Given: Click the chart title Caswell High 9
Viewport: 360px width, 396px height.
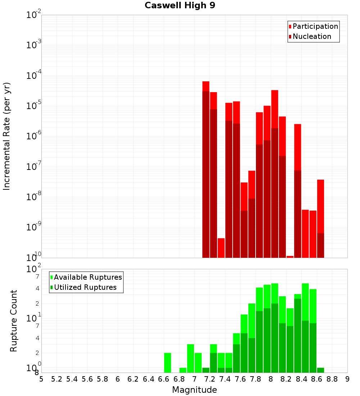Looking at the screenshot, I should (180, 6).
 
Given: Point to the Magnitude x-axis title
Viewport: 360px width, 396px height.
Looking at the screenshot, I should (194, 390).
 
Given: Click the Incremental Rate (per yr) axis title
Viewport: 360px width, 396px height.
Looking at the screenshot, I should (7, 136).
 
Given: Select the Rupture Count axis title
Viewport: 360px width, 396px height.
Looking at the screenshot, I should (14, 321).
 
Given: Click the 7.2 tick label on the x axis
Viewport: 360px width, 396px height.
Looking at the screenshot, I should (210, 379).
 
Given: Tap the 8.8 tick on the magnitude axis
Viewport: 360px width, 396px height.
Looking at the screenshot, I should (332, 379).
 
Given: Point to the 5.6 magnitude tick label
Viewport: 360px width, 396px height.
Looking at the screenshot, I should (87, 379).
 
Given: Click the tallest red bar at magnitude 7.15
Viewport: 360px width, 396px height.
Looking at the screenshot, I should (206, 169).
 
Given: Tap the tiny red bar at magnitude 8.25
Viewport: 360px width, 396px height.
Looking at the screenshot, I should (290, 257).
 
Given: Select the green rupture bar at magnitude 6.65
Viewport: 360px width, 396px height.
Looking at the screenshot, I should (167, 363).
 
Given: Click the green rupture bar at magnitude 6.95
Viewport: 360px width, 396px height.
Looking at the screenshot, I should (190, 358).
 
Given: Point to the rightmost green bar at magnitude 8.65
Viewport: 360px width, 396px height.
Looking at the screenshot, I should (320, 370).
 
